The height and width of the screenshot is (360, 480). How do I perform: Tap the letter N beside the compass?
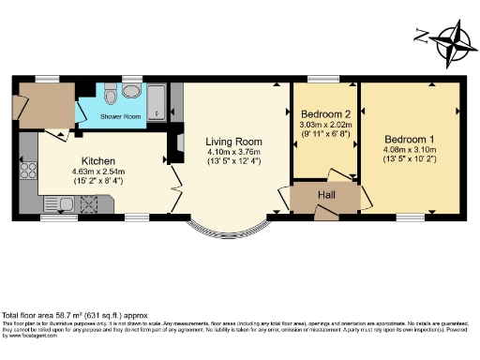tap(422, 38)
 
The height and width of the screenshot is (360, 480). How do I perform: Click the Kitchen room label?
tap(98, 160)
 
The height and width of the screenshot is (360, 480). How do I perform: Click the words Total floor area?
tap(33, 314)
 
